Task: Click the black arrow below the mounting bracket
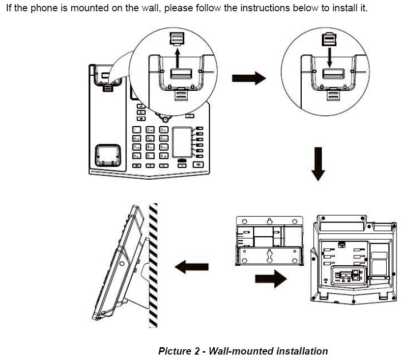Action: coord(271,280)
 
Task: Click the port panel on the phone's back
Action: coord(348,275)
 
